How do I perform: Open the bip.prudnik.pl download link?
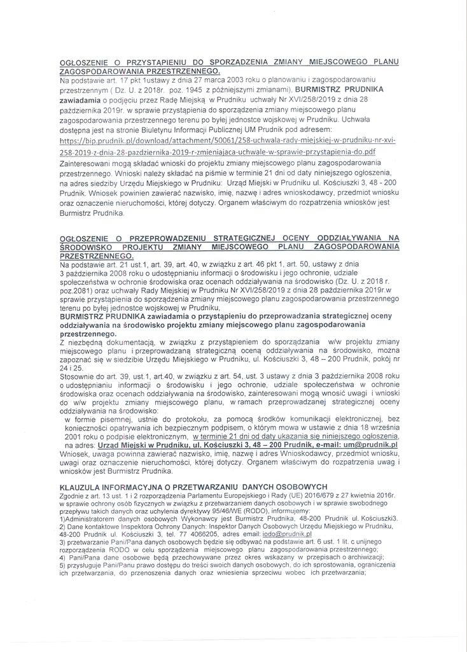pos(227,140)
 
